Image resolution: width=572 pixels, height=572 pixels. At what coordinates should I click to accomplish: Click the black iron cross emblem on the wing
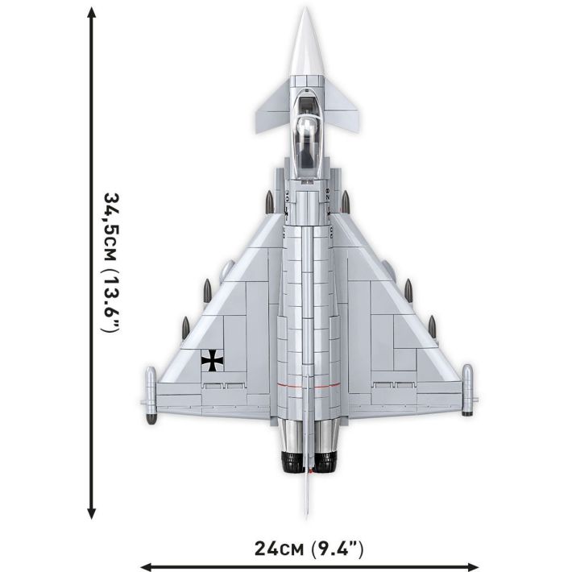point(213,361)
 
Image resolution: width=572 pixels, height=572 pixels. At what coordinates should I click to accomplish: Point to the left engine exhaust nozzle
point(289,461)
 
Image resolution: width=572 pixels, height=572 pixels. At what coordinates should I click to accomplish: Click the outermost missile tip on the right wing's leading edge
point(432,322)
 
